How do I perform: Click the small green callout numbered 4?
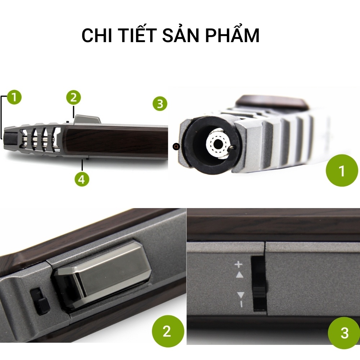[x=82, y=179]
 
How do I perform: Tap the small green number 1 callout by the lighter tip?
[x=14, y=97]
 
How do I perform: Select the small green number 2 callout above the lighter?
[x=73, y=97]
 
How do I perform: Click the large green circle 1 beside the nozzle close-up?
[x=342, y=171]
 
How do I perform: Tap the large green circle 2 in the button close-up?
[x=167, y=331]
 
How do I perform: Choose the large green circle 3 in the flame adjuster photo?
[x=344, y=332]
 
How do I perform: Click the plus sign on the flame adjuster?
[x=239, y=265]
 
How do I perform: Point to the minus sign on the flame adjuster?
[x=240, y=304]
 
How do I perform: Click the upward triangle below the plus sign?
[x=239, y=274]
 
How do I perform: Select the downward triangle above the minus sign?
[x=240, y=295]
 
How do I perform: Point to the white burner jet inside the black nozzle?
[x=218, y=145]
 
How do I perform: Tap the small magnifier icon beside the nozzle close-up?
[x=176, y=147]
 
